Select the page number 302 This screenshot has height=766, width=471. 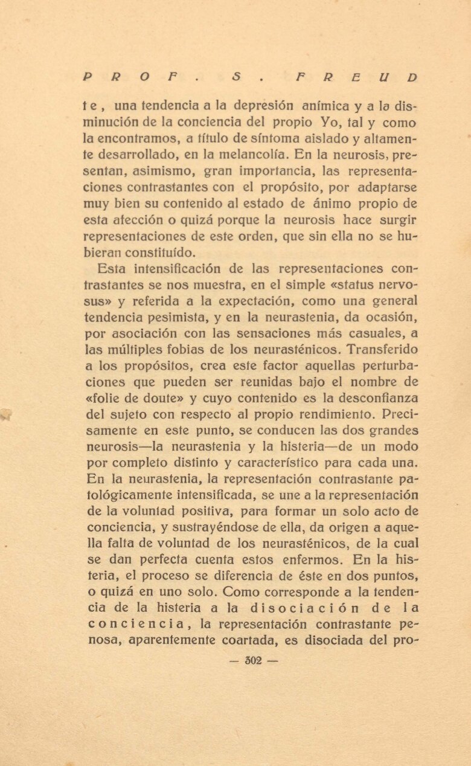pos(254,661)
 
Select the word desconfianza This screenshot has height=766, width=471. pos(374,399)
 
